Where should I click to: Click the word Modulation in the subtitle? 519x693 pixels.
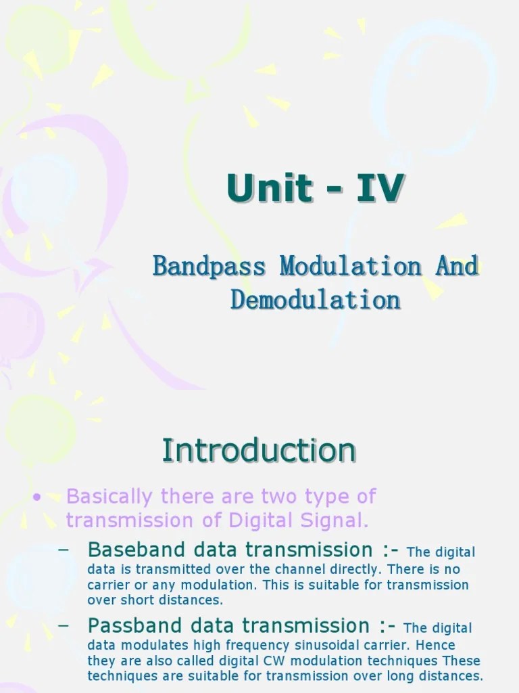tap(351, 266)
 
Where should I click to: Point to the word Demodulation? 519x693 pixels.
tap(316, 299)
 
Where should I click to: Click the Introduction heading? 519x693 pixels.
tap(259, 451)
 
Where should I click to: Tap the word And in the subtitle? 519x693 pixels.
tap(457, 266)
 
